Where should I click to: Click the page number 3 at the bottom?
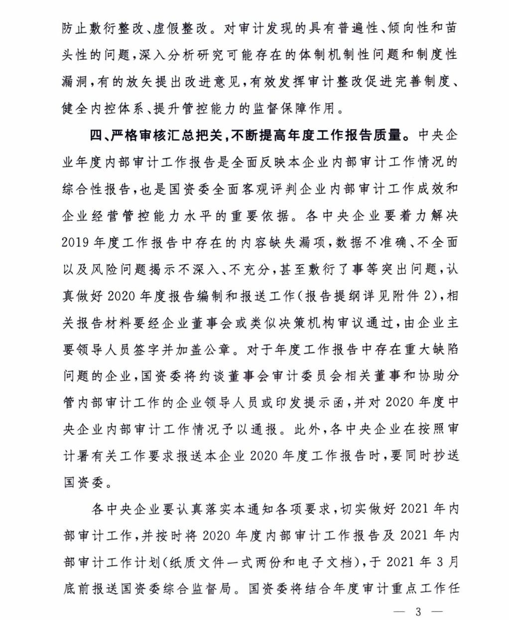[418, 612]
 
